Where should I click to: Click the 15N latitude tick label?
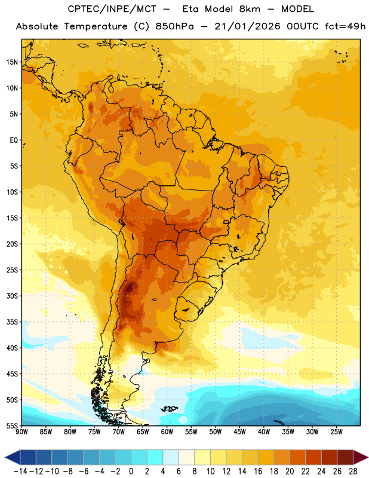pos(11,62)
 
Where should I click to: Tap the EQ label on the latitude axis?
pos(14,140)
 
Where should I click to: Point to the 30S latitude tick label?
pos(11,296)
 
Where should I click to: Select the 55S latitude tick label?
pos(11,426)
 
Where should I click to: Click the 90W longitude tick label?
pos(21,432)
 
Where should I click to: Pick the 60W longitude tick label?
pos(167,432)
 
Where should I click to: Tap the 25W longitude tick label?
pos(336,432)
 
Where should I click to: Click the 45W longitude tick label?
pos(239,432)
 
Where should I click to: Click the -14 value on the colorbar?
pos(20,471)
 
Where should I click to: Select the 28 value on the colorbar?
pos(353,471)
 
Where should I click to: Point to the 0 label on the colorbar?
pos(131,471)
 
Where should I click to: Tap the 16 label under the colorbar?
pos(258,471)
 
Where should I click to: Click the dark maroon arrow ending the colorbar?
pos(360,457)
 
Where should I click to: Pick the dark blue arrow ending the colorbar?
pos(13,457)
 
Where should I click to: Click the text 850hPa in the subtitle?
pos(174,26)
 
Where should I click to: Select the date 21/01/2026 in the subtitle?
pos(247,26)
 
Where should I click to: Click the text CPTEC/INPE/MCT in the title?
pos(112,9)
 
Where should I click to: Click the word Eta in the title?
pos(190,9)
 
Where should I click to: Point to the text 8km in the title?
pos(250,9)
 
